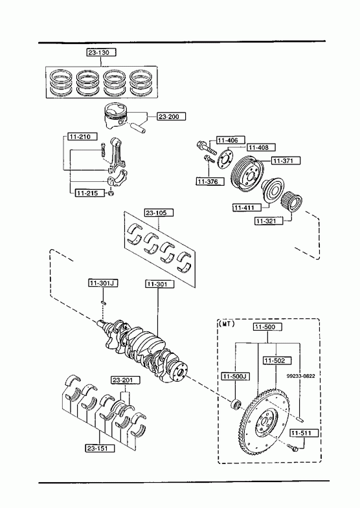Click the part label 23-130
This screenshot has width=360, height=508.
click(101, 52)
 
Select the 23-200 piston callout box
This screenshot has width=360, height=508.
click(172, 116)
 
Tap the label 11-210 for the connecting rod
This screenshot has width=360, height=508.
click(82, 137)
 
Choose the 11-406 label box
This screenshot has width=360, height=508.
click(231, 140)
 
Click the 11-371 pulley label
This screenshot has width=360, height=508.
click(286, 160)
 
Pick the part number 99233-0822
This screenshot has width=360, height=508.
click(300, 376)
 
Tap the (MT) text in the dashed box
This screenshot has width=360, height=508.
click(226, 324)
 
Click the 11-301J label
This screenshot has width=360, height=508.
click(103, 283)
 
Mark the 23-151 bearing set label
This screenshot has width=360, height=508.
click(100, 448)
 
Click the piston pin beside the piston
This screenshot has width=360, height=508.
click(139, 127)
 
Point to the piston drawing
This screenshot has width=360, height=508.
click(115, 116)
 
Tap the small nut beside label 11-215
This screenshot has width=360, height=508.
click(111, 193)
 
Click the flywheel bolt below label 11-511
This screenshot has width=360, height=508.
click(292, 447)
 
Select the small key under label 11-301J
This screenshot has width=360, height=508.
click(104, 303)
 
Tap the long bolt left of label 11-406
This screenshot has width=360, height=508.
click(207, 148)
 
